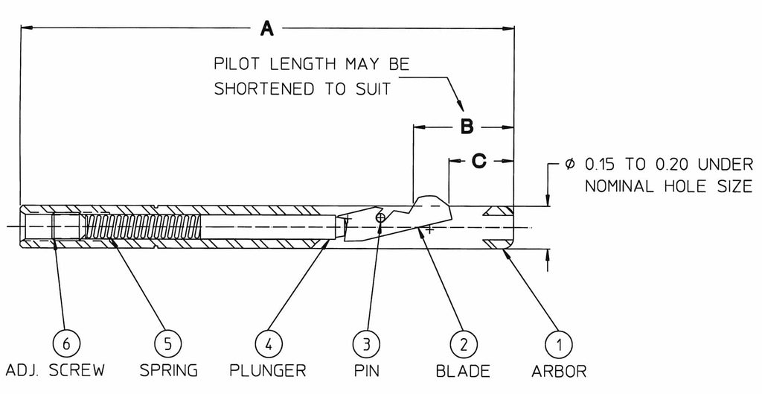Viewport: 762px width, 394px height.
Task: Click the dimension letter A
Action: tap(267, 29)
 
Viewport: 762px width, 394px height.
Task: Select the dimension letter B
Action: tap(467, 127)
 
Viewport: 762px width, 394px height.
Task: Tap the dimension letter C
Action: tap(480, 159)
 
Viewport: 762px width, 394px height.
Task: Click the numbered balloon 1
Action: tap(559, 344)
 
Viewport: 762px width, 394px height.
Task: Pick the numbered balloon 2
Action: tap(462, 344)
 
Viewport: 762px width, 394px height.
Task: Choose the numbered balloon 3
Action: tap(366, 344)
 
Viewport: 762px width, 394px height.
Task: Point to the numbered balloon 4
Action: tap(269, 344)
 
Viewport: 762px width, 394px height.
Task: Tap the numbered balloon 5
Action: tap(167, 344)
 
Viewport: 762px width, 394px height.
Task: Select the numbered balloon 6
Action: tap(67, 344)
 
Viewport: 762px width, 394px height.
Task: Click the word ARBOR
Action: tap(559, 370)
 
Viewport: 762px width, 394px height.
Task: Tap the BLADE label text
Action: tap(462, 370)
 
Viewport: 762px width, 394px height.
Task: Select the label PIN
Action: tap(366, 370)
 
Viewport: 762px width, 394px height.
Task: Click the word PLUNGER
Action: tap(269, 370)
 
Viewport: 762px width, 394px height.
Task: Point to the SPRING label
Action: tap(167, 370)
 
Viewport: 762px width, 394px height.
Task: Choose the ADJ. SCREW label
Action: tap(54, 370)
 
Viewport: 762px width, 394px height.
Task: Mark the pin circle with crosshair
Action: tap(380, 217)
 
